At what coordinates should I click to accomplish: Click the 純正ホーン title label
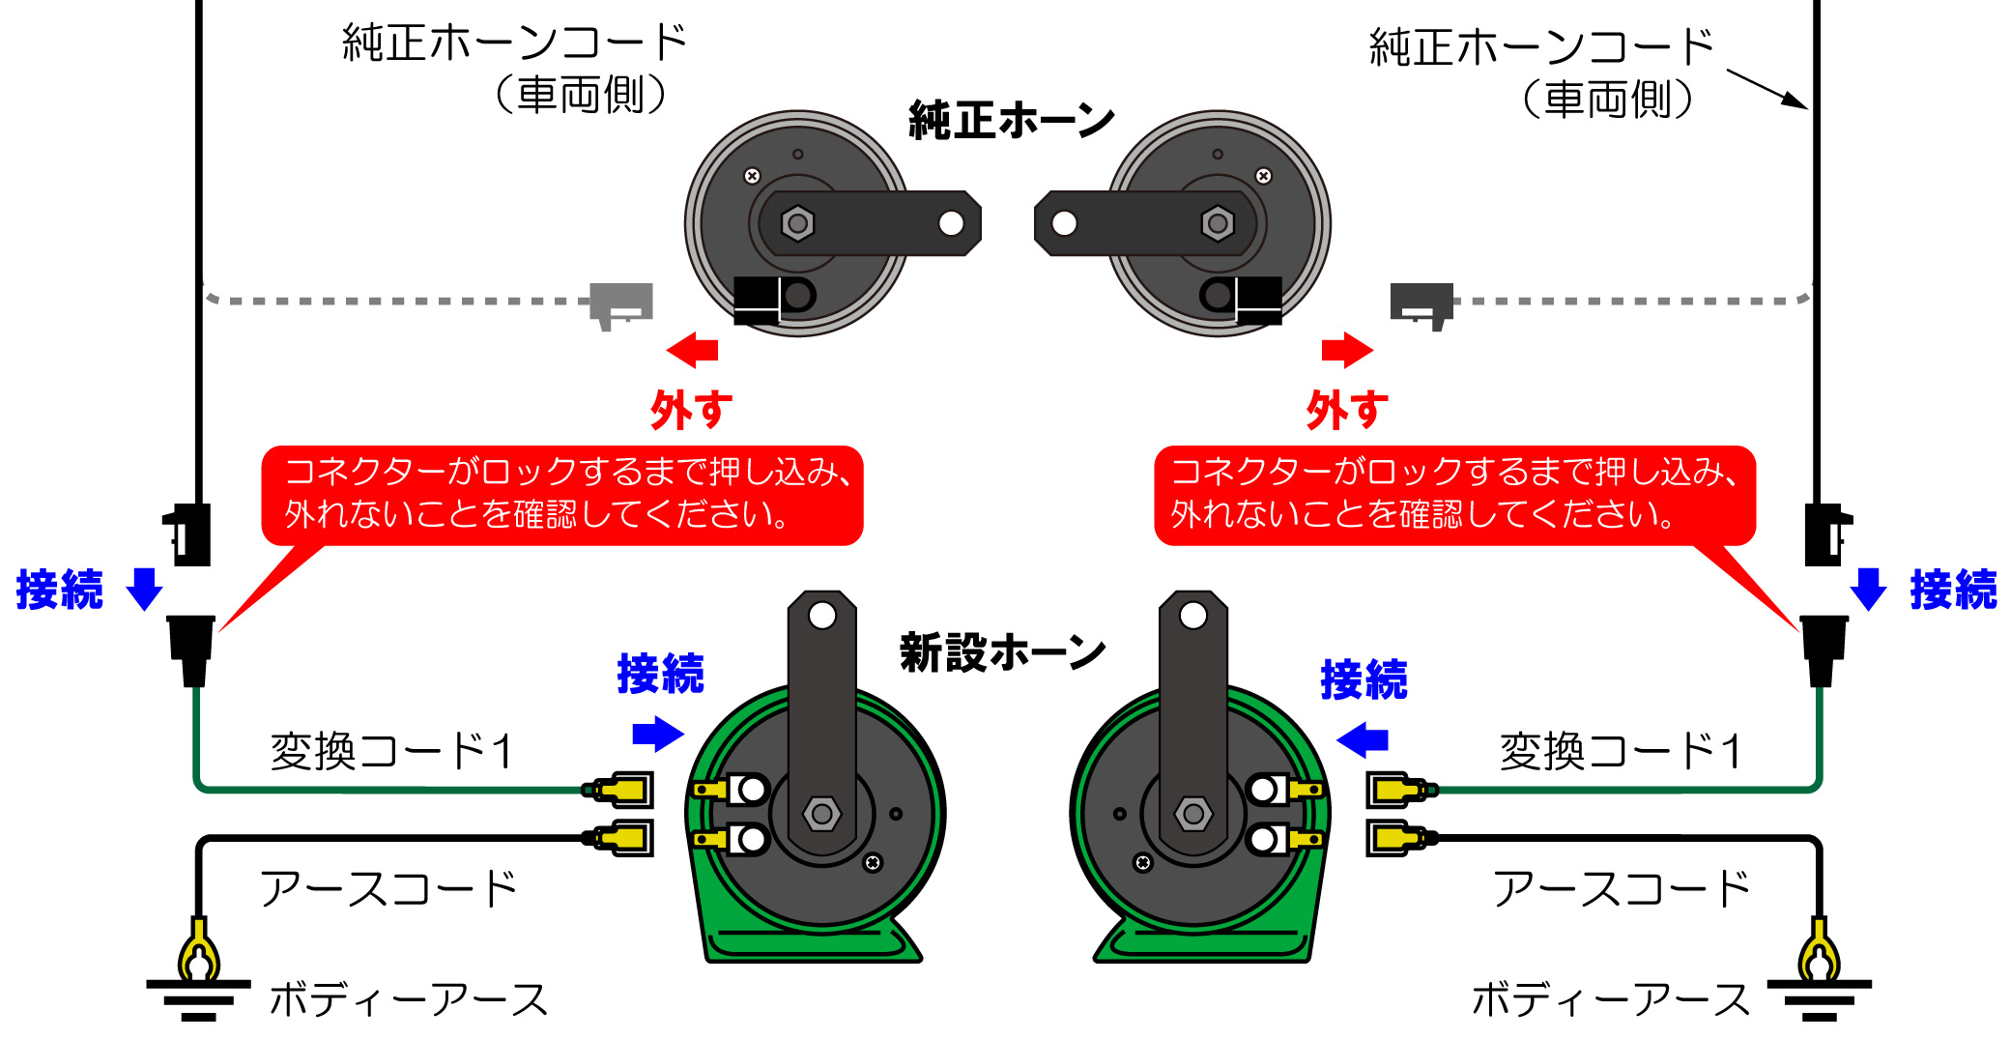[x=1011, y=121]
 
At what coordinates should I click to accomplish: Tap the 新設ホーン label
[x=1002, y=652]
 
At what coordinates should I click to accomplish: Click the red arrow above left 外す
[x=693, y=350]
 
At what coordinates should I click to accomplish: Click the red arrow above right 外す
[x=1347, y=350]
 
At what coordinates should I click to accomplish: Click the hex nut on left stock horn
[x=797, y=224]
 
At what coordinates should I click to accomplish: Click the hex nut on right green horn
[x=1193, y=814]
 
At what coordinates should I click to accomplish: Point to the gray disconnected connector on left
[x=621, y=303]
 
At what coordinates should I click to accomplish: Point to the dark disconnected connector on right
[x=1421, y=303]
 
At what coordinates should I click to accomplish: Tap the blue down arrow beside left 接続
[x=145, y=589]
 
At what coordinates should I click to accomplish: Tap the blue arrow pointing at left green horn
[x=658, y=734]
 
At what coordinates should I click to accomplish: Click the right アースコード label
[x=1621, y=888]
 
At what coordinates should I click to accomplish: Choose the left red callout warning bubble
[x=561, y=494]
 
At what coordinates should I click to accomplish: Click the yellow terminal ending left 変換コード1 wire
[x=620, y=790]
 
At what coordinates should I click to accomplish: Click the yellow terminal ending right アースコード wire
[x=1399, y=837]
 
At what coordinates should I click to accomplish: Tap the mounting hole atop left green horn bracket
[x=822, y=616]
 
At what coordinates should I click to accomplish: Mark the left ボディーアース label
[x=409, y=999]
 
